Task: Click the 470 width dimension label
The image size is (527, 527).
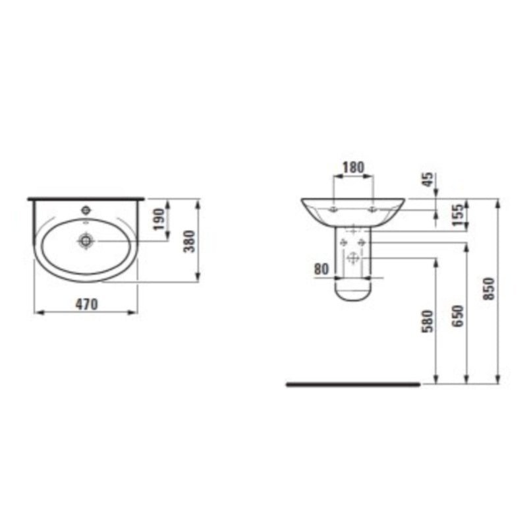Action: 86,304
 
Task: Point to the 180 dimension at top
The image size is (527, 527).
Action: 354,167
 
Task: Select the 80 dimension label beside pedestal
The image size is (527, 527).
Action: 322,269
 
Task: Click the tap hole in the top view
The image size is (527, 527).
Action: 85,211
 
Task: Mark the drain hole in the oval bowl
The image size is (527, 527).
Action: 85,240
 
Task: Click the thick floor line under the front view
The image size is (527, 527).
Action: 352,384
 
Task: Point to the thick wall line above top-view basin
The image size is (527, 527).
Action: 86,198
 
